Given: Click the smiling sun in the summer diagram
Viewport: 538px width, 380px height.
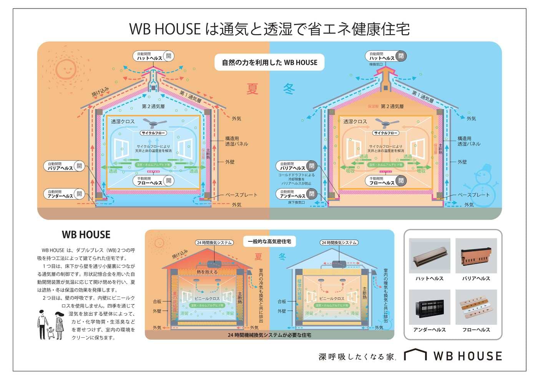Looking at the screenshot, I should click(x=65, y=69).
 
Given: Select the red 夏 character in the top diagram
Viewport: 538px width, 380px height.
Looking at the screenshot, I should click(x=252, y=89).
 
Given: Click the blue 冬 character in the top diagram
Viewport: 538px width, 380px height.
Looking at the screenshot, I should click(x=289, y=89).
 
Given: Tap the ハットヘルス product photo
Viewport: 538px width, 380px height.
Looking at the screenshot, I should click(x=429, y=256).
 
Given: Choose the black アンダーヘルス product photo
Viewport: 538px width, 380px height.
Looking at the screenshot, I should click(x=429, y=307).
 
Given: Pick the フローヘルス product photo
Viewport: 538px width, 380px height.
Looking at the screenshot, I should click(x=476, y=307).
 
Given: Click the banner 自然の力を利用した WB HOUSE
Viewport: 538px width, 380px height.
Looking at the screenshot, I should click(x=269, y=63).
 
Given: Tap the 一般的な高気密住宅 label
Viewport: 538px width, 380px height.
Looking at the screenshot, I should click(x=269, y=241).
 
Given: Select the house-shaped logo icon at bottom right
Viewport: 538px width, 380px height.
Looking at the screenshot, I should click(x=415, y=355).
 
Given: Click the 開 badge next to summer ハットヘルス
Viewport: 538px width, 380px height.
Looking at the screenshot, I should click(x=168, y=56).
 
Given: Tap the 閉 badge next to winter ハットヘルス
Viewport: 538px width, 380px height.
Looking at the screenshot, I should click(x=401, y=56).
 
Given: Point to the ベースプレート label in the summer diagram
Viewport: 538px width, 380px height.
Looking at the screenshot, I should click(x=241, y=195).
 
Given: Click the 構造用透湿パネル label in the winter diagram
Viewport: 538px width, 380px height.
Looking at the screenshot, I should click(x=469, y=141).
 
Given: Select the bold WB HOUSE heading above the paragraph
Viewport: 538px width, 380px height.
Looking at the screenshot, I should click(x=86, y=235).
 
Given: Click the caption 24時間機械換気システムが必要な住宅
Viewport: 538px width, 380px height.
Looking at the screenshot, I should click(x=269, y=335).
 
